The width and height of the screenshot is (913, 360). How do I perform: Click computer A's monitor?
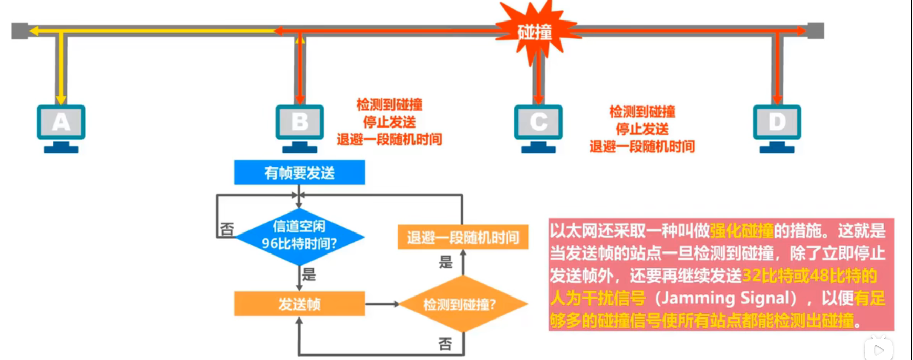click(x=61, y=122)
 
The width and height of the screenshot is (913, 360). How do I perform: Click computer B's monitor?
click(x=300, y=122)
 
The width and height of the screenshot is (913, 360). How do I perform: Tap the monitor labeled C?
click(x=538, y=122)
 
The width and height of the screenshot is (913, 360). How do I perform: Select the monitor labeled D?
click(x=777, y=122)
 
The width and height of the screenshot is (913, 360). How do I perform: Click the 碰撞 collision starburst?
click(x=535, y=32)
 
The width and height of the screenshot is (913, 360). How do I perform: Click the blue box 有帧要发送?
click(x=299, y=173)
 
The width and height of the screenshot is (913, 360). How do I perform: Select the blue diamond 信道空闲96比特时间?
click(x=299, y=236)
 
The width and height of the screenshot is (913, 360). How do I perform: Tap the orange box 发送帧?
click(x=299, y=304)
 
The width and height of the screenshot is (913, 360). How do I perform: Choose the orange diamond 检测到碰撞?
click(x=462, y=305)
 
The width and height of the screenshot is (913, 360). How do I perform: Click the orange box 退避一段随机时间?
click(x=463, y=238)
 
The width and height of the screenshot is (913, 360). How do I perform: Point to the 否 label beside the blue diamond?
click(x=226, y=229)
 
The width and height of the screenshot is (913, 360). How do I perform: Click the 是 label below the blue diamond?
click(x=308, y=274)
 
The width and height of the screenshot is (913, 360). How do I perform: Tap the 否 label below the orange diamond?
click(x=445, y=344)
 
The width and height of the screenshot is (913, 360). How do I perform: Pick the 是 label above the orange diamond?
click(x=445, y=263)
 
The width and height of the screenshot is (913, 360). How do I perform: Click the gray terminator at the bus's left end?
click(x=19, y=31)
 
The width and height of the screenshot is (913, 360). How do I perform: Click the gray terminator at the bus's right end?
click(x=816, y=31)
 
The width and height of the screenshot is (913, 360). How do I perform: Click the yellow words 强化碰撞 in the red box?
click(x=741, y=231)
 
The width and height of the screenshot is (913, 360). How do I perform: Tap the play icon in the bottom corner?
click(x=879, y=350)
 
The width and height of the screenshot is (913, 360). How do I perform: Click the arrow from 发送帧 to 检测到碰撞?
click(x=382, y=304)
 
